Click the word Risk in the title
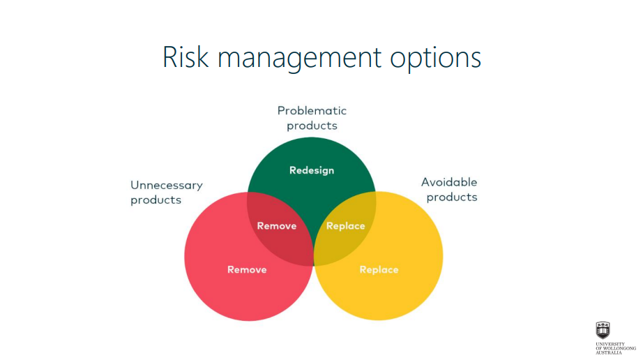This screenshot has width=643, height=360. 186,57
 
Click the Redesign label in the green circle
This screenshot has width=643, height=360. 312,170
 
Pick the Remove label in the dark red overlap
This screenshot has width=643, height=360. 277,226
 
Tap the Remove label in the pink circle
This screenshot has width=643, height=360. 247,269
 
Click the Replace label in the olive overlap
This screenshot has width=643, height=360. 346,226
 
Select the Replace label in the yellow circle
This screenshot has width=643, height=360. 379,270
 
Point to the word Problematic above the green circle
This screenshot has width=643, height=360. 312,111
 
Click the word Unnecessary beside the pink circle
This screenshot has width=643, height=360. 167,186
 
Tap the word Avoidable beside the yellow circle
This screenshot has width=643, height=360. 449,182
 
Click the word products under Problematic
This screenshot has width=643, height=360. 312,126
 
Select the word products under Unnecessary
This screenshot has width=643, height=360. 156,200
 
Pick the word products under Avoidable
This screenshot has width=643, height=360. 452,197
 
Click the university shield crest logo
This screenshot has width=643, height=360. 603,330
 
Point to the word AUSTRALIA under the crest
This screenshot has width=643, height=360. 609,352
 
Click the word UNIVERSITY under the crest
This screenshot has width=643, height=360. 610,344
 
